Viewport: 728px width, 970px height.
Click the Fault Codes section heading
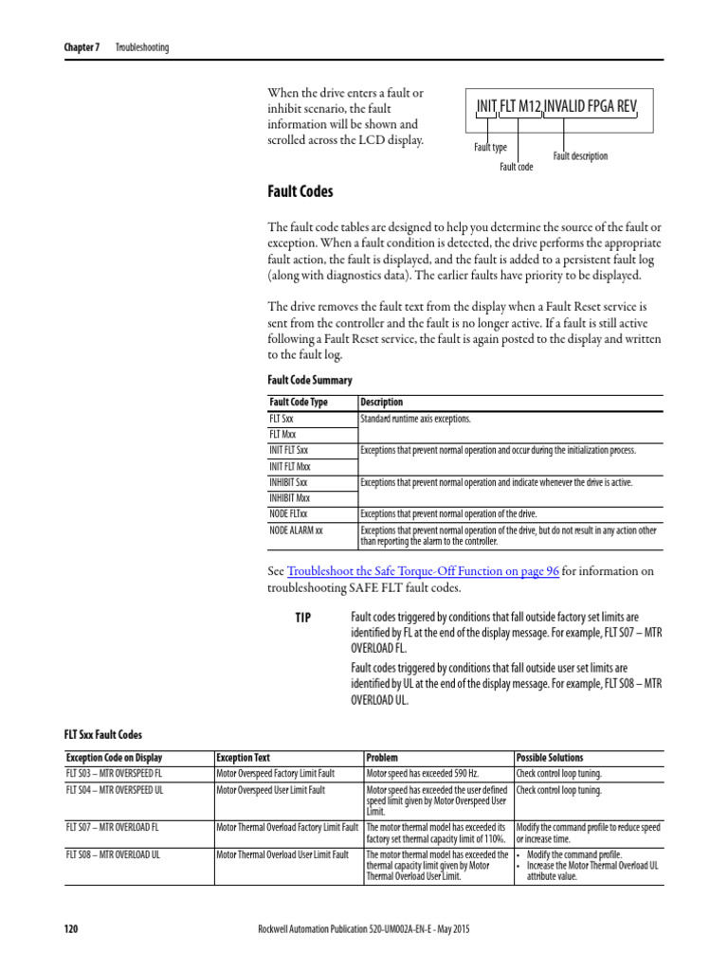300,192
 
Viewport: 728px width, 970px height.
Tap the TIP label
302,618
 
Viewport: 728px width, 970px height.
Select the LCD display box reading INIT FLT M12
557,107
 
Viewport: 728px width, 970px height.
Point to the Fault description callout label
580,156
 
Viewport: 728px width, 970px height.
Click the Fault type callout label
490,148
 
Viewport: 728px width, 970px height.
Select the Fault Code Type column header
299,402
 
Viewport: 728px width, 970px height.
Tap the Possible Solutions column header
550,758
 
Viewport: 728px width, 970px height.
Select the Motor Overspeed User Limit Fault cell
271,789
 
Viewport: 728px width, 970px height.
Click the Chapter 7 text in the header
82,47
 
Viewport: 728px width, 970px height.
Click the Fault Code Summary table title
310,380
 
